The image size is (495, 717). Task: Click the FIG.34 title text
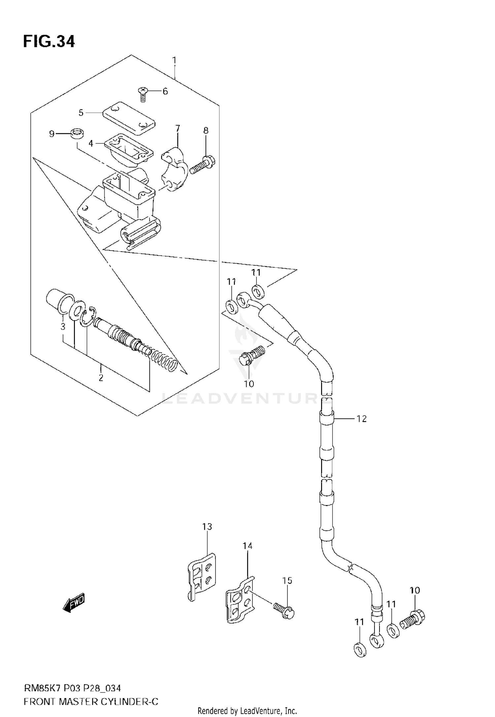[x=49, y=42]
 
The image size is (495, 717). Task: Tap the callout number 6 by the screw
[x=165, y=91]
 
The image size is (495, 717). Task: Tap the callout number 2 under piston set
[x=101, y=378]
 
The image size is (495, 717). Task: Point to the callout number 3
[x=63, y=327]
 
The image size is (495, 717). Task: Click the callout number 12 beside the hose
[x=362, y=419]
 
